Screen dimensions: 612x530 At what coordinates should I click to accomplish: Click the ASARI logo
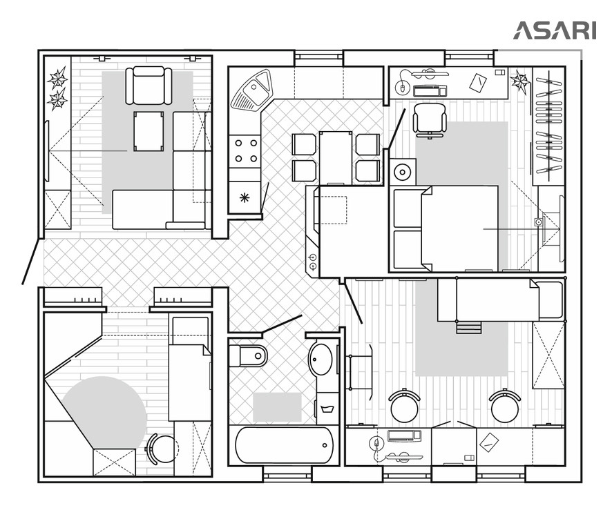[x=555, y=30]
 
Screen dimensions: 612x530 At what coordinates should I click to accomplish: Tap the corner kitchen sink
[x=251, y=89]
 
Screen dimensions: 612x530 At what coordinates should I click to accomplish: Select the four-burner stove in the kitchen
[x=245, y=151]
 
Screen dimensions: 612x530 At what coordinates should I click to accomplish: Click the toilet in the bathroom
[x=248, y=355]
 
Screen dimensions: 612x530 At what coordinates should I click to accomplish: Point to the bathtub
[x=284, y=445]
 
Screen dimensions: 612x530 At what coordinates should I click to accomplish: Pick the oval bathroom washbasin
[x=321, y=359]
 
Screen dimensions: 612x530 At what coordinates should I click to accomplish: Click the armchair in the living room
[x=149, y=86]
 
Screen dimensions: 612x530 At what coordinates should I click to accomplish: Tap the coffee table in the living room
[x=149, y=131]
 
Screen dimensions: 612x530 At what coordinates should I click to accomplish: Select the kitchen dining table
[x=336, y=157]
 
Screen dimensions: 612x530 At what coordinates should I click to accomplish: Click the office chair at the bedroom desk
[x=430, y=119]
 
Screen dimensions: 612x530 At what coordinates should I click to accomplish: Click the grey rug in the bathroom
[x=277, y=407]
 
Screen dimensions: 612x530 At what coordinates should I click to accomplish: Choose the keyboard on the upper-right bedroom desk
[x=430, y=91]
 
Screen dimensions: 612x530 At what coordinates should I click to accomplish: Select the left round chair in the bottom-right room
[x=404, y=406]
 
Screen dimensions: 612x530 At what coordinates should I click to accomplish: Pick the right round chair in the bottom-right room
[x=505, y=406]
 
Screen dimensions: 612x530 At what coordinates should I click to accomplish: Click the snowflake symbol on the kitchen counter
[x=245, y=198]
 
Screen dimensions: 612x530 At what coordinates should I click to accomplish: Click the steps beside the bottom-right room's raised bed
[x=469, y=328]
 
